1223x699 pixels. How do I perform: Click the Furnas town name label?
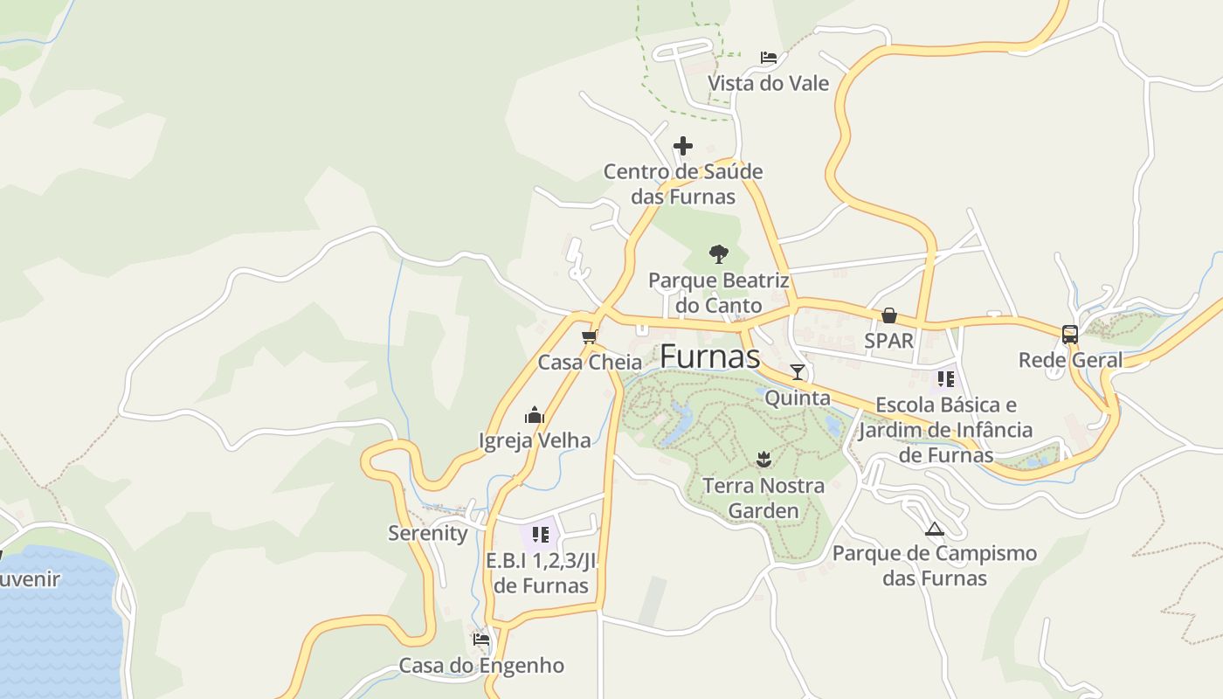[709, 356]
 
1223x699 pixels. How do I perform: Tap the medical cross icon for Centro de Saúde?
[683, 146]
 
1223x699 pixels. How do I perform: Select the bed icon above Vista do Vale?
[769, 58]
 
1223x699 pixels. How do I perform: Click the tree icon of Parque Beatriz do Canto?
[718, 254]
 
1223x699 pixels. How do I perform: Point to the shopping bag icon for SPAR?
[888, 315]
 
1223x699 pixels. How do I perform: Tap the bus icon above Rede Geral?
[1070, 334]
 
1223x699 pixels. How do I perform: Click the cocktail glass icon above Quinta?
[797, 372]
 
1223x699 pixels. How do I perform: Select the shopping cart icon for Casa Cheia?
[589, 336]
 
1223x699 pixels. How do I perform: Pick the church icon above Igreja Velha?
[535, 415]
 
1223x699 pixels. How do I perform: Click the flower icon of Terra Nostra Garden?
[764, 459]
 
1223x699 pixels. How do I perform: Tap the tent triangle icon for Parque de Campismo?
[935, 529]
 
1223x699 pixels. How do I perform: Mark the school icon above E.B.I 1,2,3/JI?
[540, 534]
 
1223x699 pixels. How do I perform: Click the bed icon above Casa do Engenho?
[481, 639]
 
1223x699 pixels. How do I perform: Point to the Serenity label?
[428, 533]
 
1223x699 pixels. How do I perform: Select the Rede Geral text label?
[1070, 360]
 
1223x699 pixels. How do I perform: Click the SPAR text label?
[888, 341]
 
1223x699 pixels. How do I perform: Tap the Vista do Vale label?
[768, 84]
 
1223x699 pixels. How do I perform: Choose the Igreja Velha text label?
[535, 440]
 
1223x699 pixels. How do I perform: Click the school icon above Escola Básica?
[945, 379]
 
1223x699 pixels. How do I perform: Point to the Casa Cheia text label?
[590, 362]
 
